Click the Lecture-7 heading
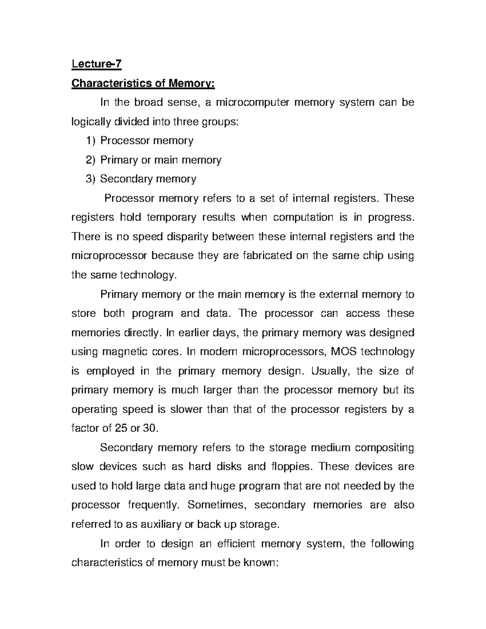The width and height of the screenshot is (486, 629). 96,64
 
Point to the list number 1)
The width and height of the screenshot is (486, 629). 92,141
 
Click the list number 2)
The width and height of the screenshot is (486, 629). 92,160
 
